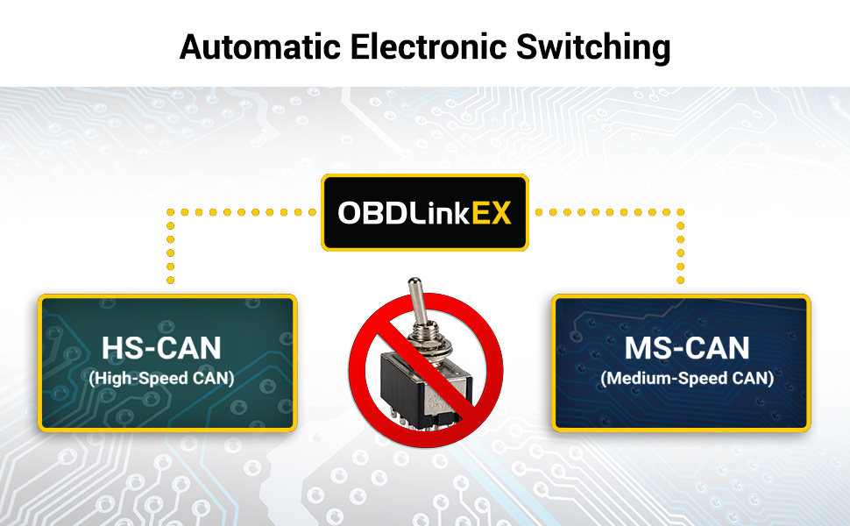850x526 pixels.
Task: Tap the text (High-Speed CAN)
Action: [x=162, y=379]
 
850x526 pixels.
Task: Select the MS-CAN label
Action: [x=687, y=348]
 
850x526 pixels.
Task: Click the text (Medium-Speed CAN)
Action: [x=687, y=379]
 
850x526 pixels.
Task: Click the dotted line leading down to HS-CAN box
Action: [x=170, y=250]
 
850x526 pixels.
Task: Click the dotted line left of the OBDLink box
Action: [x=245, y=211]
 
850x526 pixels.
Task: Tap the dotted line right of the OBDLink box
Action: [x=605, y=211]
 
